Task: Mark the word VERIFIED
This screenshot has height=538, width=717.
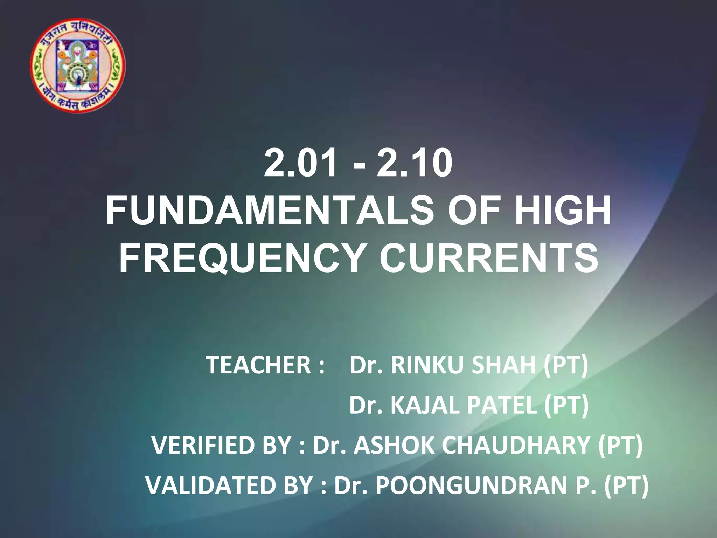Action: pyautogui.click(x=207, y=446)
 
